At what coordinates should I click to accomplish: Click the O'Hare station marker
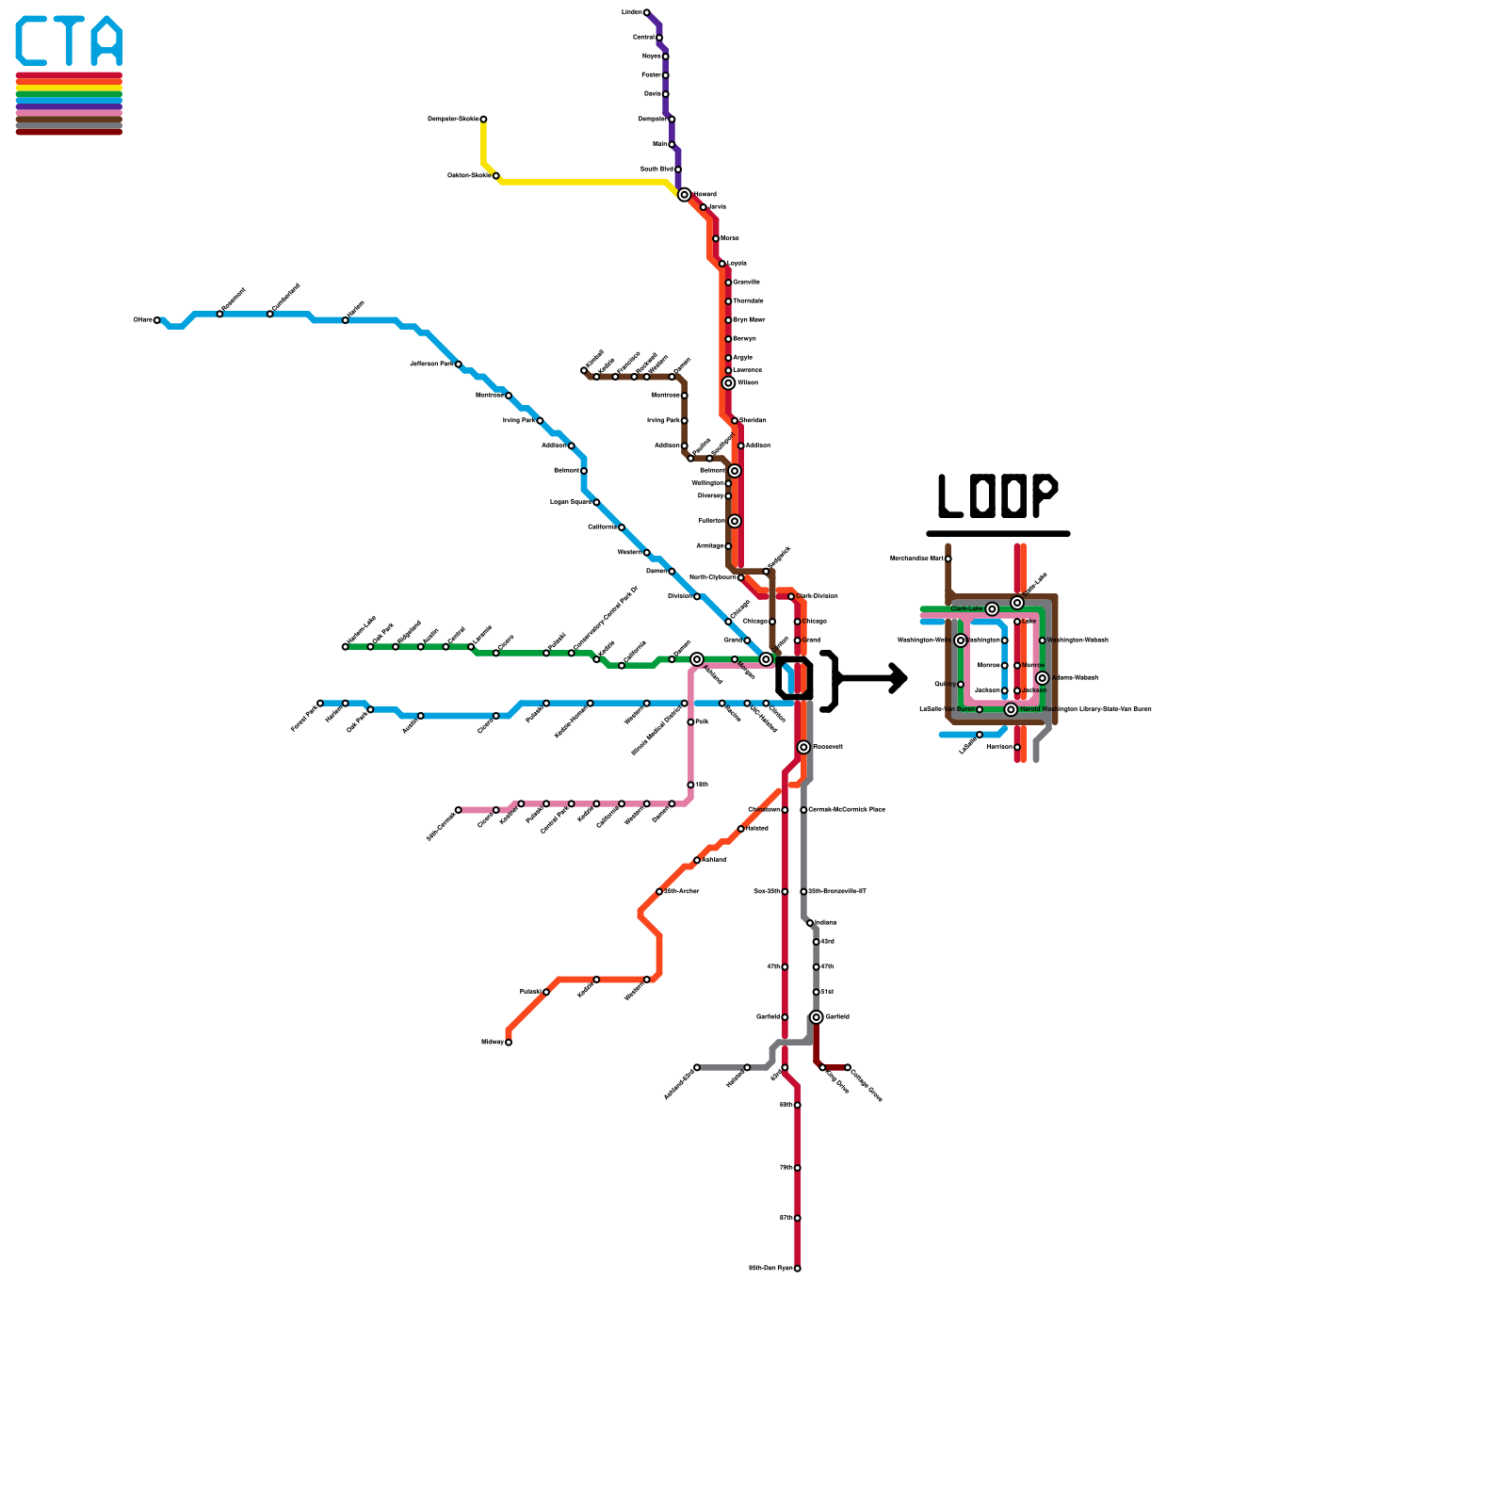pyautogui.click(x=157, y=320)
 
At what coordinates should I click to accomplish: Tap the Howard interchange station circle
pyautogui.click(x=685, y=195)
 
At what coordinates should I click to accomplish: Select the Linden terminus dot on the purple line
pyautogui.click(x=646, y=12)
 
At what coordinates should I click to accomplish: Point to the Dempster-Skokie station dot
pyautogui.click(x=483, y=120)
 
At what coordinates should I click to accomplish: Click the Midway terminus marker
pyautogui.click(x=509, y=1043)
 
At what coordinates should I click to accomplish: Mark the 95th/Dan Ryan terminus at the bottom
pyautogui.click(x=797, y=1269)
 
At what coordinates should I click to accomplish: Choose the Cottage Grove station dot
pyautogui.click(x=848, y=1067)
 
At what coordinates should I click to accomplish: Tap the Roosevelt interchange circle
pyautogui.click(x=803, y=747)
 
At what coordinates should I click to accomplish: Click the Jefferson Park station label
pyautogui.click(x=431, y=364)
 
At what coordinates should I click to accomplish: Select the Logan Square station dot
pyautogui.click(x=596, y=502)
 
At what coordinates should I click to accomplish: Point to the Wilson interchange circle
pyautogui.click(x=728, y=383)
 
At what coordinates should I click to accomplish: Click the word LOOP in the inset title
pyautogui.click(x=997, y=495)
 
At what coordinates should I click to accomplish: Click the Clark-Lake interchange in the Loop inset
pyautogui.click(x=992, y=609)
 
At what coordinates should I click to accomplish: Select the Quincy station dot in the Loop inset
pyautogui.click(x=961, y=685)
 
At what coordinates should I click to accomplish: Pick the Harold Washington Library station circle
pyautogui.click(x=1011, y=709)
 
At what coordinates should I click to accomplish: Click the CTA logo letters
pyautogui.click(x=69, y=41)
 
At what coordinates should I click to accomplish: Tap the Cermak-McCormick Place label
pyautogui.click(x=846, y=810)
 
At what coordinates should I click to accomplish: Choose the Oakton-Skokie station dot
pyautogui.click(x=496, y=176)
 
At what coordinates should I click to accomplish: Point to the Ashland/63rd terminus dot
pyautogui.click(x=697, y=1067)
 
